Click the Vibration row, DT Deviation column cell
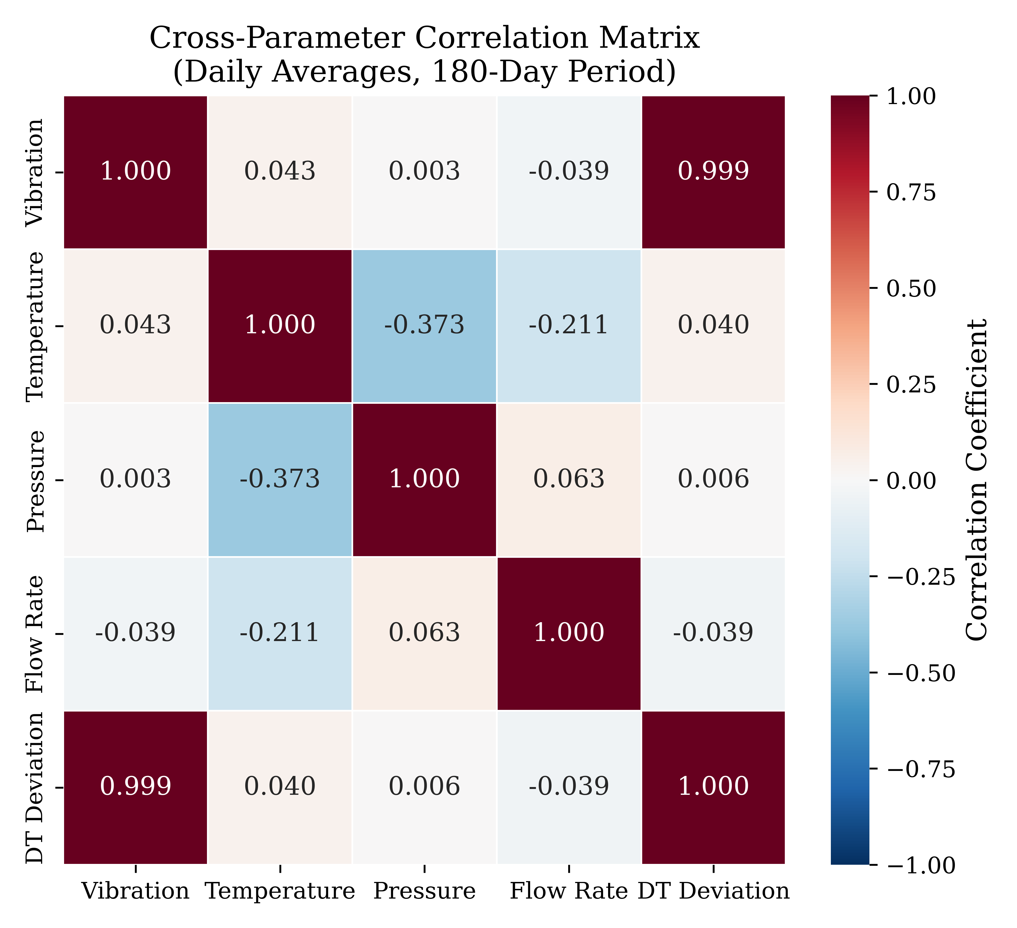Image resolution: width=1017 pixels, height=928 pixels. point(713,172)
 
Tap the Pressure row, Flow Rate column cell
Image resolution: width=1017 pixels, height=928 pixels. point(568,479)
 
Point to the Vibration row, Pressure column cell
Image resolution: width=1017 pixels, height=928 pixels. point(424,172)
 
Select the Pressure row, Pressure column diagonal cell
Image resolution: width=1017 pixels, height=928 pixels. point(424,479)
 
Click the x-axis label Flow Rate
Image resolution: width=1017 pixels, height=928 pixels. point(568,892)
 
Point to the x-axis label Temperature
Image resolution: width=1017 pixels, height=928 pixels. point(280,892)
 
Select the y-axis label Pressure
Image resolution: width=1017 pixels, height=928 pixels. point(36,481)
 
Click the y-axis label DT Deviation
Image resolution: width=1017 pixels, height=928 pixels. point(36,788)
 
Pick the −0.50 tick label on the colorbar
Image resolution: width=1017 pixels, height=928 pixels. point(921,673)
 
